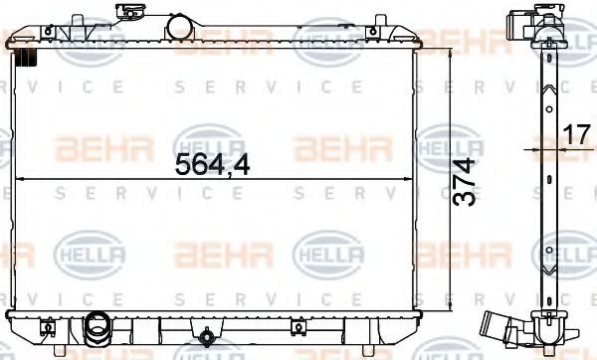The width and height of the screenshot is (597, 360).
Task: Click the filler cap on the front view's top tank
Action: [x=126, y=15]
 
